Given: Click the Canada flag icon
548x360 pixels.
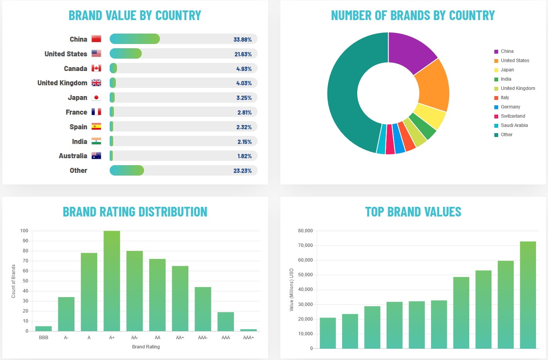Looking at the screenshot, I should [x=96, y=68].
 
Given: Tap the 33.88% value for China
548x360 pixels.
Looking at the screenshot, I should [x=243, y=39].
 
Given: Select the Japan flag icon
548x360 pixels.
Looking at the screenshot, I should [x=96, y=98].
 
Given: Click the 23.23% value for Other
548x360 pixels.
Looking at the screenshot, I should [x=243, y=171].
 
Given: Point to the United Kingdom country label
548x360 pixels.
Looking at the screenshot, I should [x=62, y=83].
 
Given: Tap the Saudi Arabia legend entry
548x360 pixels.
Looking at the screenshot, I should [x=514, y=125].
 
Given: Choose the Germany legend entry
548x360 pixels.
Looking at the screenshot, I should [x=510, y=107].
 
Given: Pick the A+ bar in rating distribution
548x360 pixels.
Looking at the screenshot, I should [x=112, y=281].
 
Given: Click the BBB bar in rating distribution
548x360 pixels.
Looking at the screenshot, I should [x=43, y=328].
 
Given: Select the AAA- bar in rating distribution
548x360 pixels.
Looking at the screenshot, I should [x=203, y=309].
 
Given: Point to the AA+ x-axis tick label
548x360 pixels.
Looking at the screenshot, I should [x=180, y=338].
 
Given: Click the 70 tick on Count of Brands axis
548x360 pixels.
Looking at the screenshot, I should [x=25, y=261].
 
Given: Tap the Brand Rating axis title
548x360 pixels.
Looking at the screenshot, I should [x=146, y=347].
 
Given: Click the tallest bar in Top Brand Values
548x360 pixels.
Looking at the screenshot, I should [x=528, y=295].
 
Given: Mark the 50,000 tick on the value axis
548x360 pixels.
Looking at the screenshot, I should [x=305, y=275].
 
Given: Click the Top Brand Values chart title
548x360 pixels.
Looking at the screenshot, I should [x=413, y=212].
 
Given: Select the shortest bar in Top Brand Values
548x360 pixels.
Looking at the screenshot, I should [x=327, y=333].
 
